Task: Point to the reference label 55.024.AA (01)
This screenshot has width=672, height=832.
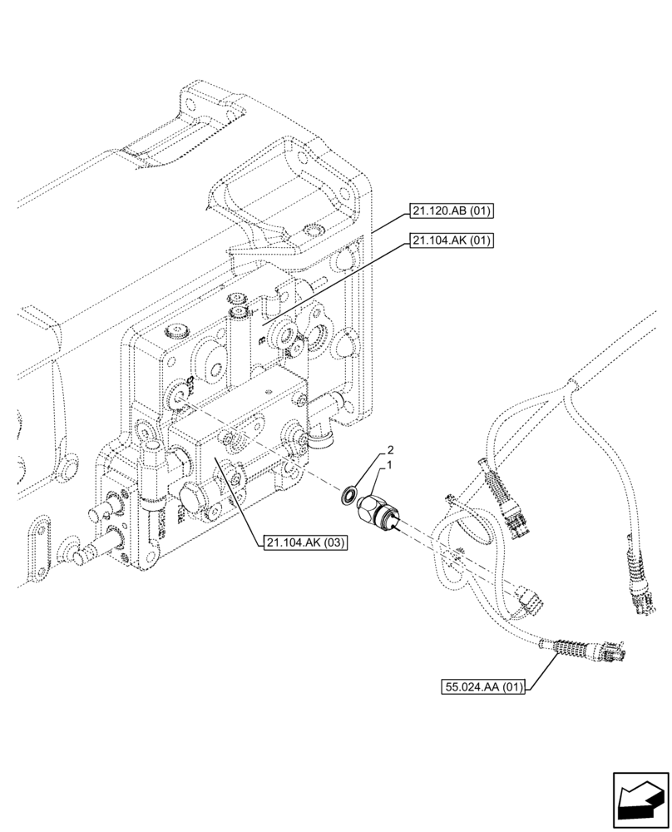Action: (x=483, y=687)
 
